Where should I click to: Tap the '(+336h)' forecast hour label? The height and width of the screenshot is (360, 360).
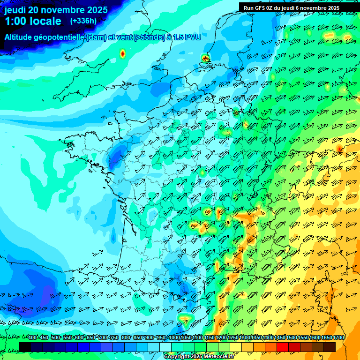[x=83, y=21]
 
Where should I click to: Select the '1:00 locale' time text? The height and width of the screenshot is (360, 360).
[x=33, y=21]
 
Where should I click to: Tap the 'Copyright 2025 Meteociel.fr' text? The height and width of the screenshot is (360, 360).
[x=199, y=357]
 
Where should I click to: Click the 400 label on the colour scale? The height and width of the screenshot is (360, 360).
[x=32, y=338]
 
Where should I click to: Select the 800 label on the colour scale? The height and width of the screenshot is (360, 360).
[x=126, y=338]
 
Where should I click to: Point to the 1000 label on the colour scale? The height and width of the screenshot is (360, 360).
[x=174, y=338]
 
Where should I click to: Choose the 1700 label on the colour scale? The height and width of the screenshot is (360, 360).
[x=338, y=338]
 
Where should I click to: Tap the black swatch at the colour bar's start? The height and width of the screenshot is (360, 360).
[x=25, y=347]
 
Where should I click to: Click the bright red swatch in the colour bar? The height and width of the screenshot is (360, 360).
[x=283, y=347]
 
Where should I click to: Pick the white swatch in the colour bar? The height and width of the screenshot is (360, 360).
[x=165, y=347]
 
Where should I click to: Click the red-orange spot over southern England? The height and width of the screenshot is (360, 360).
[x=123, y=53]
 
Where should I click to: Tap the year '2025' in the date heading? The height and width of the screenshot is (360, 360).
[x=96, y=10]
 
